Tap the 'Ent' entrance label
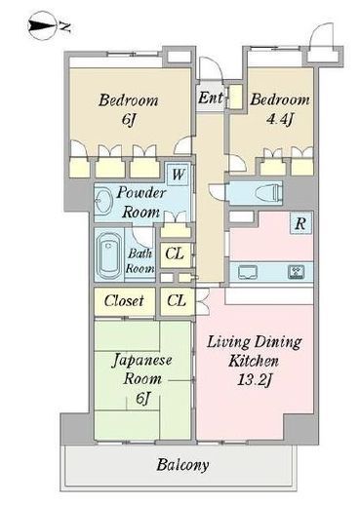coord(211,97)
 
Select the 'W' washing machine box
coord(178,175)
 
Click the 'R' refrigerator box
coord(300,223)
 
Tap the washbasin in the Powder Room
coord(104,202)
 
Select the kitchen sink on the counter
coord(248,272)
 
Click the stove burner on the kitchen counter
coord(297,272)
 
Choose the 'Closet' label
coord(124,301)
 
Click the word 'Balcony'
coord(182,465)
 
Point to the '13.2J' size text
coord(254,380)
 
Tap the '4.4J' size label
coord(280,120)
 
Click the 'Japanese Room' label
coord(142,370)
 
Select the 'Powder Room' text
coord(140,203)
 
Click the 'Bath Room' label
coord(140,261)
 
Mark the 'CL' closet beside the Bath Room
coord(175,253)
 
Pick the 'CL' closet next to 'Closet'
coord(177,301)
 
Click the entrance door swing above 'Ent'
coord(211,68)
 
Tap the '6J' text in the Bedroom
coord(129,120)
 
